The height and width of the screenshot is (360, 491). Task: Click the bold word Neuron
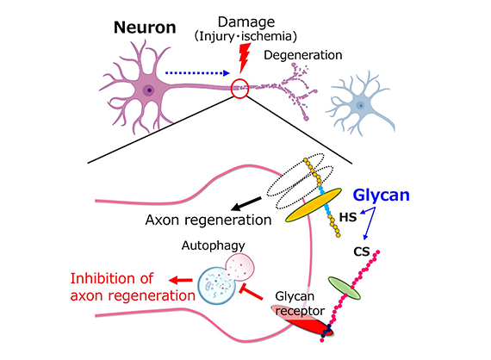pos(145,28)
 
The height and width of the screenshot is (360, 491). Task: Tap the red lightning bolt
pos(245,58)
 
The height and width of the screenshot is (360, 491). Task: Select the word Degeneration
pos(303,55)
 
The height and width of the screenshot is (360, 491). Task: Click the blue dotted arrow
pos(197,73)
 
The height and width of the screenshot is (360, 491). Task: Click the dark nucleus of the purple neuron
pos(149,90)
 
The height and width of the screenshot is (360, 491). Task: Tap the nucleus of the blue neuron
pos(361,105)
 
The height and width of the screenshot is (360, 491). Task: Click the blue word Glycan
pos(381,195)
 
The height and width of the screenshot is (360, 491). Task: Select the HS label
pos(348,217)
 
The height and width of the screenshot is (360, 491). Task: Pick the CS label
pos(362,251)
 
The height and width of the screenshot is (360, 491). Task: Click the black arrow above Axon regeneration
pos(246,204)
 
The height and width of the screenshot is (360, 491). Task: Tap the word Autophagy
pos(214,245)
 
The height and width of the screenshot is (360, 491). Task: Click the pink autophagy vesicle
pos(240,267)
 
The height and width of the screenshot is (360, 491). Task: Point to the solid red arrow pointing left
pos(181,280)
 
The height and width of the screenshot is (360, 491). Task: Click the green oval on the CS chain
pos(345,288)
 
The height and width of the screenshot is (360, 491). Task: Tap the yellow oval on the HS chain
pos(314,205)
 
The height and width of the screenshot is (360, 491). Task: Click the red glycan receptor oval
pos(302,320)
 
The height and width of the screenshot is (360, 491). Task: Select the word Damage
pos(246,22)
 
